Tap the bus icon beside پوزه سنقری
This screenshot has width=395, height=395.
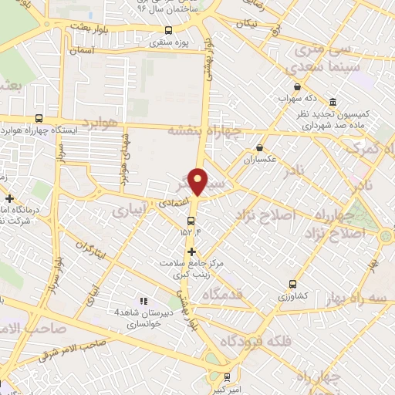168,30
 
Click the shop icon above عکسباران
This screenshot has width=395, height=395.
259,147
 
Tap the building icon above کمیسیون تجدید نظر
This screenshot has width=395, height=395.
333,103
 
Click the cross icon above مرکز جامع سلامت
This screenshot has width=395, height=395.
191,252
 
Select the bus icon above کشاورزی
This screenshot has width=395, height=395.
292,283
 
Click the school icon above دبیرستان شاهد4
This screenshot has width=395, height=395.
142,300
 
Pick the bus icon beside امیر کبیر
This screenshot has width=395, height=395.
226,377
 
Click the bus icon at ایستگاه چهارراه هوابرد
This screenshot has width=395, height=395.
39,119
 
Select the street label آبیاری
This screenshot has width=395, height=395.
129,208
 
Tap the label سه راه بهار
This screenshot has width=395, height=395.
366,297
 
